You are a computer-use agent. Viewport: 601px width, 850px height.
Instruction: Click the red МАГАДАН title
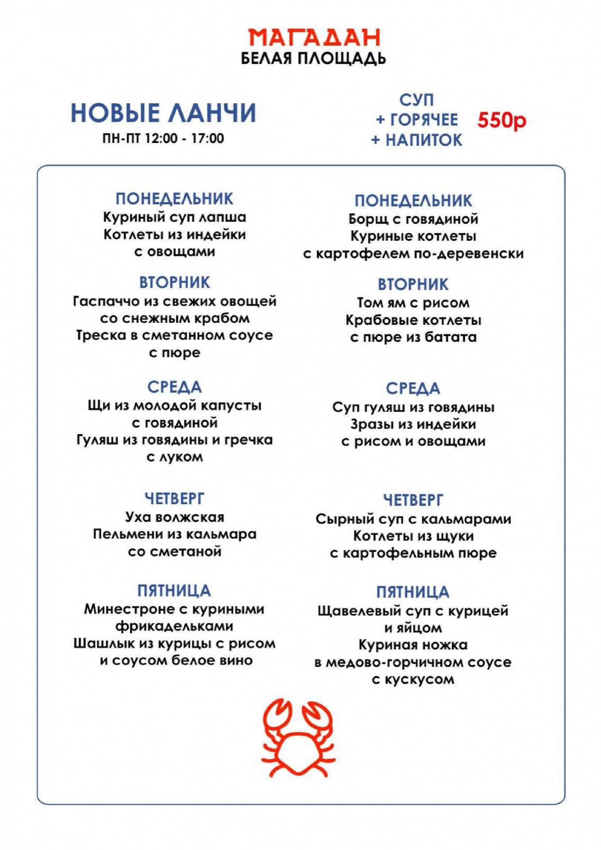pyautogui.click(x=314, y=38)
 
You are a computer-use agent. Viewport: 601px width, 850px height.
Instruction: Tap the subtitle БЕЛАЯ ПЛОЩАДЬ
pyautogui.click(x=313, y=58)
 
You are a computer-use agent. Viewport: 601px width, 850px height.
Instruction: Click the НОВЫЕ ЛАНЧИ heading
pyautogui.click(x=163, y=113)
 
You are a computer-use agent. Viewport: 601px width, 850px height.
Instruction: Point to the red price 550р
pyautogui.click(x=501, y=120)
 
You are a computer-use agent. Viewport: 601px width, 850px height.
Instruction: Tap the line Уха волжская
pyautogui.click(x=174, y=517)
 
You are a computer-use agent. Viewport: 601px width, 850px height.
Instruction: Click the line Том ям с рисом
pyautogui.click(x=413, y=303)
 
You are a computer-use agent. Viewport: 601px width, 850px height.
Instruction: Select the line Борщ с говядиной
pyautogui.click(x=413, y=219)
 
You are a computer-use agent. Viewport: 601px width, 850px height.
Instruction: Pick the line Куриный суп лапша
pyautogui.click(x=174, y=217)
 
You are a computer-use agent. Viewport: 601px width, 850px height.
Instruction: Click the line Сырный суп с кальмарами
pyautogui.click(x=413, y=519)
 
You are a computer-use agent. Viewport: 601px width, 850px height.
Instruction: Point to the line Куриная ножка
pyautogui.click(x=413, y=645)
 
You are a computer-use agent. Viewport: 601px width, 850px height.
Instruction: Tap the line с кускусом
pyautogui.click(x=413, y=680)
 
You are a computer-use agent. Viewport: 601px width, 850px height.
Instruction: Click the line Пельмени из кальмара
pyautogui.click(x=174, y=534)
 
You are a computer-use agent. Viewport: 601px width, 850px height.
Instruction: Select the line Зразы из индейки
pyautogui.click(x=413, y=424)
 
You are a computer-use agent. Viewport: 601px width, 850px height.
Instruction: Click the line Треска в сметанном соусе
pyautogui.click(x=174, y=336)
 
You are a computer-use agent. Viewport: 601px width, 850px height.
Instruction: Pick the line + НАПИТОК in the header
pyautogui.click(x=416, y=140)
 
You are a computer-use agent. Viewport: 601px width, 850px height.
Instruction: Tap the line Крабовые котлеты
pyautogui.click(x=413, y=320)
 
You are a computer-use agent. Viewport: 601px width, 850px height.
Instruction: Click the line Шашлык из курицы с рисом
pyautogui.click(x=174, y=643)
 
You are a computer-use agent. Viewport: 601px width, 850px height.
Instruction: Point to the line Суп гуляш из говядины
pyautogui.click(x=413, y=407)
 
